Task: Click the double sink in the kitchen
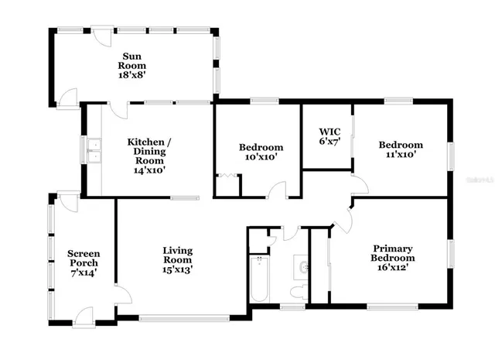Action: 94,150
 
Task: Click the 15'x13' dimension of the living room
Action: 177,269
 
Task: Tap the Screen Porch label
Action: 83,259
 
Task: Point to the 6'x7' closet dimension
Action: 325,142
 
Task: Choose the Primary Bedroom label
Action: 392,253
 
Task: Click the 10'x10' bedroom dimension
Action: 261,157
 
